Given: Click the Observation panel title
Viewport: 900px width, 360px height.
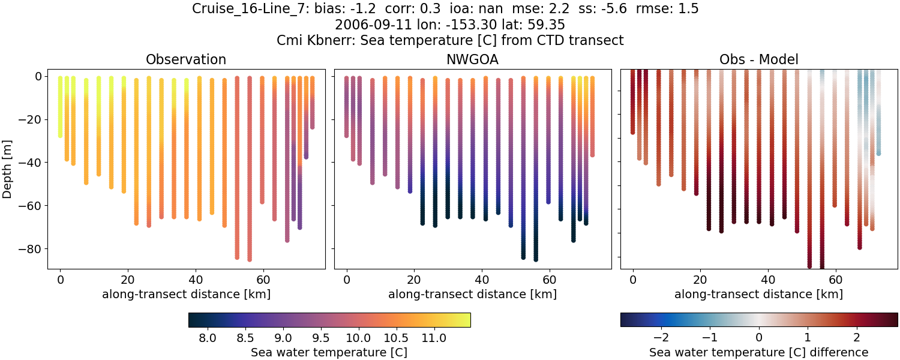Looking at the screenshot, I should [x=186, y=59].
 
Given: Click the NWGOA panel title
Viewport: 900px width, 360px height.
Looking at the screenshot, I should [x=472, y=59].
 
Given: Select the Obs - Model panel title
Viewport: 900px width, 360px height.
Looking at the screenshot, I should [x=758, y=59].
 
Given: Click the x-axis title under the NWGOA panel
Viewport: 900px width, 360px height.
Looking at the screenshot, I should [x=472, y=295].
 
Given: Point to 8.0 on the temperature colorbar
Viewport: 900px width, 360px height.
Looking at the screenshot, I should [x=208, y=338].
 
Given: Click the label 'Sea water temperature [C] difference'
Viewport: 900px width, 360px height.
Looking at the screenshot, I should [x=758, y=352].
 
